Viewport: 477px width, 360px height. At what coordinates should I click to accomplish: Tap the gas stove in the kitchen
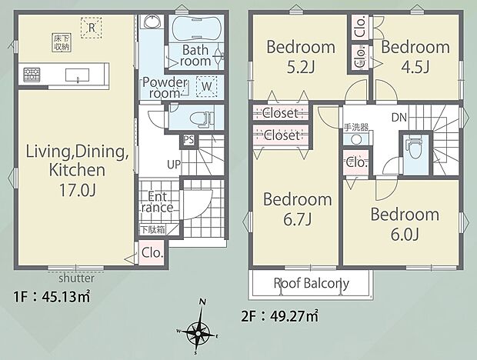click(x=32, y=75)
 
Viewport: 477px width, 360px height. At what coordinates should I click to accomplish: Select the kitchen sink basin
click(x=77, y=75)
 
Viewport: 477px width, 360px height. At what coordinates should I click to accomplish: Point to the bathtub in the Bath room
click(x=195, y=28)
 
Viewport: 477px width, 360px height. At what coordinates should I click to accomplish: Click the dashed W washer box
click(x=206, y=86)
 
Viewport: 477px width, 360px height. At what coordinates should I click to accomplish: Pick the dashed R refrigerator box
click(x=92, y=28)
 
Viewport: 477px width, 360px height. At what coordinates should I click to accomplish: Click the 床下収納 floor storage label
click(x=62, y=42)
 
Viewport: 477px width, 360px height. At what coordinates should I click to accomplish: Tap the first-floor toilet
click(x=201, y=117)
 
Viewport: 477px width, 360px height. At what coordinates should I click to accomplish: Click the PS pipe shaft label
click(x=188, y=140)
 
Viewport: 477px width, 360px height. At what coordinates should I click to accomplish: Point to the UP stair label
click(x=174, y=165)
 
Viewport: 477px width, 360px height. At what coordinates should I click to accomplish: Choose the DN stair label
click(x=399, y=118)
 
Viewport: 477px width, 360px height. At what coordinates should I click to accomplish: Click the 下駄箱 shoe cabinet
click(x=152, y=229)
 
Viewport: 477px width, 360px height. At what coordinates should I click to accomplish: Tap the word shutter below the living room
click(x=76, y=278)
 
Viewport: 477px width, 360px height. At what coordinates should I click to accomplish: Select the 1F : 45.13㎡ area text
click(x=52, y=297)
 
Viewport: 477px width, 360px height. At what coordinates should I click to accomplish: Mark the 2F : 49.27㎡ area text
click(x=280, y=316)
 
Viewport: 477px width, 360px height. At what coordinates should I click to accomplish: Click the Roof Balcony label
click(x=312, y=283)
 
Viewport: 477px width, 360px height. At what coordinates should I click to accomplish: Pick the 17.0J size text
click(x=78, y=190)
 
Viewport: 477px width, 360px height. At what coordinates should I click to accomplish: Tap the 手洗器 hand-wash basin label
click(x=356, y=127)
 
